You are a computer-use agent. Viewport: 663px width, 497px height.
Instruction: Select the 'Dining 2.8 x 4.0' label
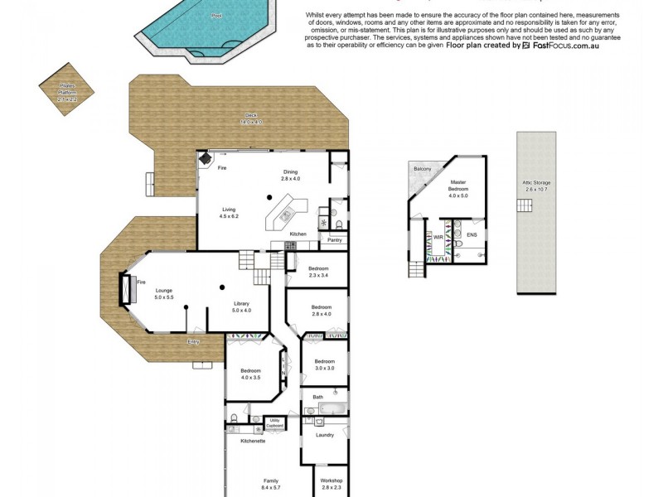click(289, 176)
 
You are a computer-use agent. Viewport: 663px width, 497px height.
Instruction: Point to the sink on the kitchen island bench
click(283, 216)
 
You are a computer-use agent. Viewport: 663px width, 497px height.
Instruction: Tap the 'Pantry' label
click(335, 240)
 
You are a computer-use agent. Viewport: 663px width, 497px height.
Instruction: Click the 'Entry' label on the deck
click(193, 341)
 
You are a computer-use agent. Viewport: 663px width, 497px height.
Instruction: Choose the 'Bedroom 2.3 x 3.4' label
click(319, 272)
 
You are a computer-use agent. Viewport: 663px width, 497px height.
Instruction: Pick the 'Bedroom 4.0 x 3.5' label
click(251, 374)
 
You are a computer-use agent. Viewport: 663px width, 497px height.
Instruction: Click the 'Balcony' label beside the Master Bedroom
click(423, 169)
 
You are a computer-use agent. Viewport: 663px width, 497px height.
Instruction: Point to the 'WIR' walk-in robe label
click(439, 237)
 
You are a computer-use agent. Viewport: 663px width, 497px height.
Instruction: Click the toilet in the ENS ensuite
click(458, 244)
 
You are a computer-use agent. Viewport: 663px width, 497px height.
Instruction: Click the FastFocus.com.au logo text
click(560, 46)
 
